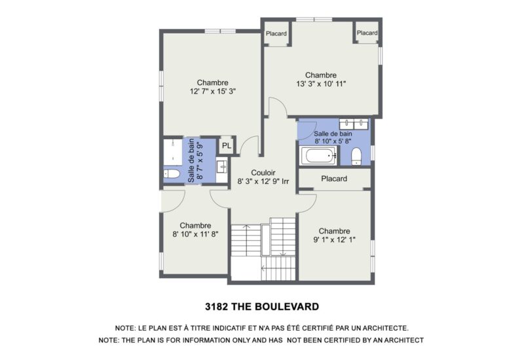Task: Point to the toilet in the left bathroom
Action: pyautogui.click(x=172, y=174)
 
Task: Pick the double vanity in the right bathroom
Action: pyautogui.click(x=353, y=124)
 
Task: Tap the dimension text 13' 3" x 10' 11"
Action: pyautogui.click(x=320, y=84)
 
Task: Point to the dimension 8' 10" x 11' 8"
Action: pyautogui.click(x=195, y=234)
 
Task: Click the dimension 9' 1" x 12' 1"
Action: pyautogui.click(x=334, y=240)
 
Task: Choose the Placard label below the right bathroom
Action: pyautogui.click(x=333, y=179)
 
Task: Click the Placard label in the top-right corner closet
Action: pyautogui.click(x=367, y=33)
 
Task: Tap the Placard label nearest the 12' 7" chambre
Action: pyautogui.click(x=276, y=33)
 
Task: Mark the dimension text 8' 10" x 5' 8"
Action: pyautogui.click(x=333, y=140)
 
